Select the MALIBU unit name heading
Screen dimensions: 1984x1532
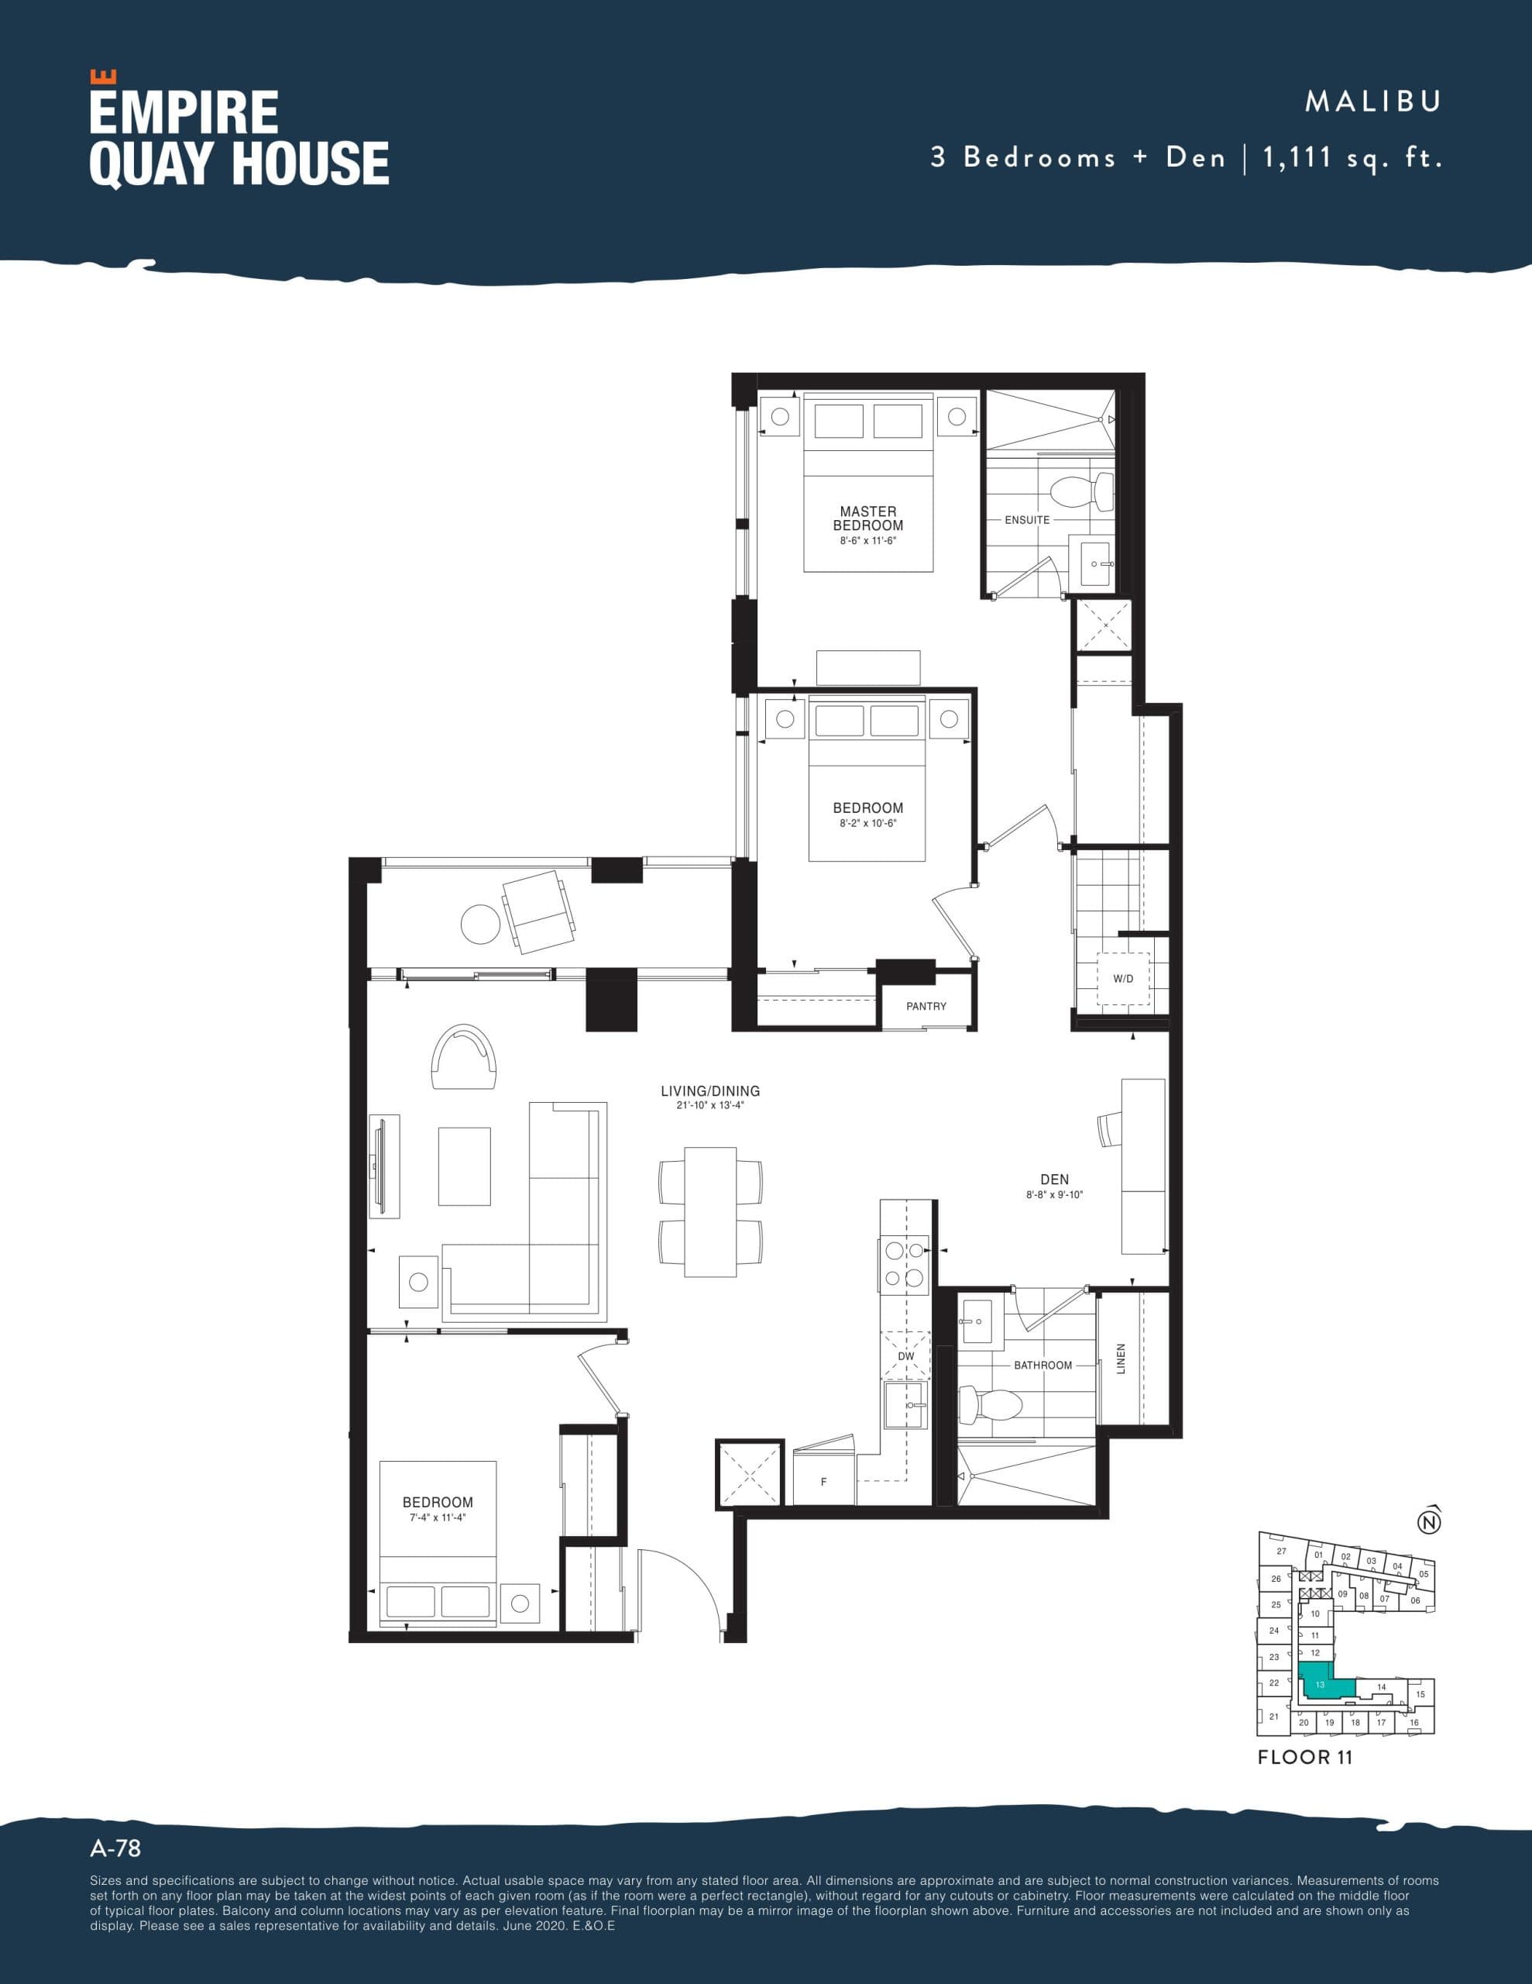tap(1373, 101)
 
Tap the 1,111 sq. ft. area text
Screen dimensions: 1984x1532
tap(1352, 158)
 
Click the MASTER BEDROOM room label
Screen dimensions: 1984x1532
tap(867, 518)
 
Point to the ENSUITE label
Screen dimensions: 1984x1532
tap(1027, 519)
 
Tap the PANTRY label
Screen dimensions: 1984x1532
tap(926, 1006)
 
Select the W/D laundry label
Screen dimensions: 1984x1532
tap(1122, 978)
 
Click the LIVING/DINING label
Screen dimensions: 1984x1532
tap(710, 1091)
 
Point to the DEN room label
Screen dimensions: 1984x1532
tap(1054, 1179)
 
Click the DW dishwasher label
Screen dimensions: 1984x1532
tap(905, 1356)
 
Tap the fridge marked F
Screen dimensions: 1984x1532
tap(823, 1481)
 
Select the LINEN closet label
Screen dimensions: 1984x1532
tap(1121, 1359)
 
